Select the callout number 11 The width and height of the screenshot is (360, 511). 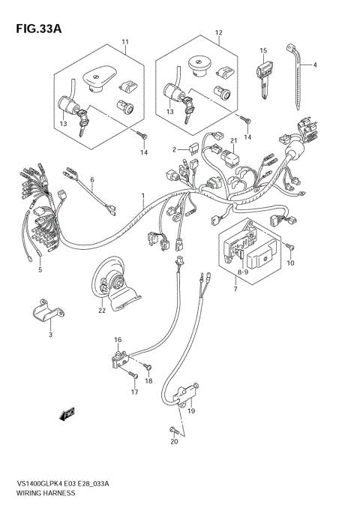point(126,42)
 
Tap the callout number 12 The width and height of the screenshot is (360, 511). point(219,34)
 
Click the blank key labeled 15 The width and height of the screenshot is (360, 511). point(263,74)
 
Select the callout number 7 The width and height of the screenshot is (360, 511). point(236,288)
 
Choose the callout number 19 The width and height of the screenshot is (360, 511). point(191,410)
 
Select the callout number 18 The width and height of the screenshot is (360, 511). point(149,382)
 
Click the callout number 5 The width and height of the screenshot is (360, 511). point(40,269)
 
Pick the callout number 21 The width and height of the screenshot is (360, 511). point(213,141)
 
